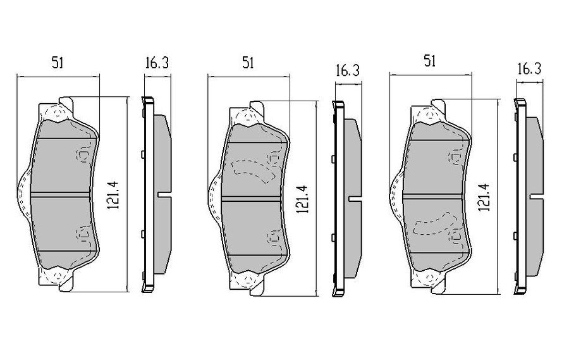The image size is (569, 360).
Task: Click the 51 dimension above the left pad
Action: [58, 62]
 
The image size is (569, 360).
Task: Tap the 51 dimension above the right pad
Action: [430, 61]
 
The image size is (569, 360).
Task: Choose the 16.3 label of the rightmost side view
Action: [529, 69]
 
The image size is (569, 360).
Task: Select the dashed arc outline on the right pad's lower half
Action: [432, 225]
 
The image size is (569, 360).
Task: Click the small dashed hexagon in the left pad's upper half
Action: [83, 154]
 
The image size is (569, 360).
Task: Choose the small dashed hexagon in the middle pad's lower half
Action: [272, 239]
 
